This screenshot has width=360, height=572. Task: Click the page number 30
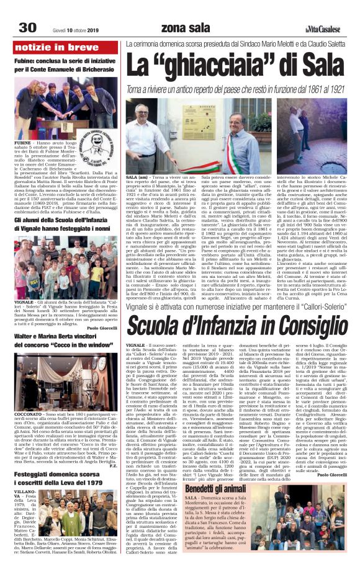pos(27,28)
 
